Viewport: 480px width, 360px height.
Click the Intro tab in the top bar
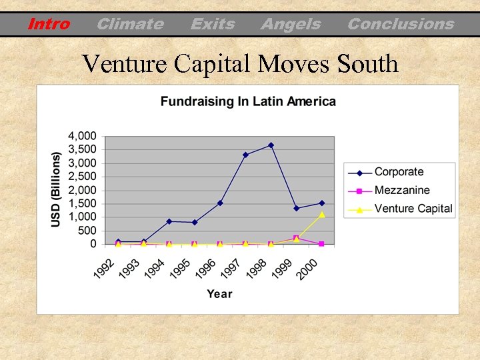(49, 25)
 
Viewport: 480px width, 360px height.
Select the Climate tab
(129, 25)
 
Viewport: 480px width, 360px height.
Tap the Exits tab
(212, 25)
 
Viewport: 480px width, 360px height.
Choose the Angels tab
(290, 25)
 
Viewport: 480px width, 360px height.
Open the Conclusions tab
(400, 25)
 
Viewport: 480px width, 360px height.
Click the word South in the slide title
(367, 64)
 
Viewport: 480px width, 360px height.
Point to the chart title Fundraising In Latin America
(248, 102)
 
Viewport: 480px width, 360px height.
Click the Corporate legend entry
(399, 172)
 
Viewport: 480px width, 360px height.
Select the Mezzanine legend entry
(402, 190)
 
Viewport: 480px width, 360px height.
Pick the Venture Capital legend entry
(413, 208)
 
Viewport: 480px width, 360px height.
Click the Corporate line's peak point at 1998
(271, 145)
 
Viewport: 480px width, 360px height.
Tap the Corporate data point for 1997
(245, 155)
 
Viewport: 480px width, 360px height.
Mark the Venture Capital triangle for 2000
(321, 214)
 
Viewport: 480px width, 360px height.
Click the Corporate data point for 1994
(169, 221)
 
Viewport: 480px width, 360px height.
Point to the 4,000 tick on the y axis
(83, 135)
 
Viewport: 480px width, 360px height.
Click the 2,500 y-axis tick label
(83, 176)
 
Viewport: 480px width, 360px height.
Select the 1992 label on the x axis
(103, 269)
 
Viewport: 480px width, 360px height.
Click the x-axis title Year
(219, 294)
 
